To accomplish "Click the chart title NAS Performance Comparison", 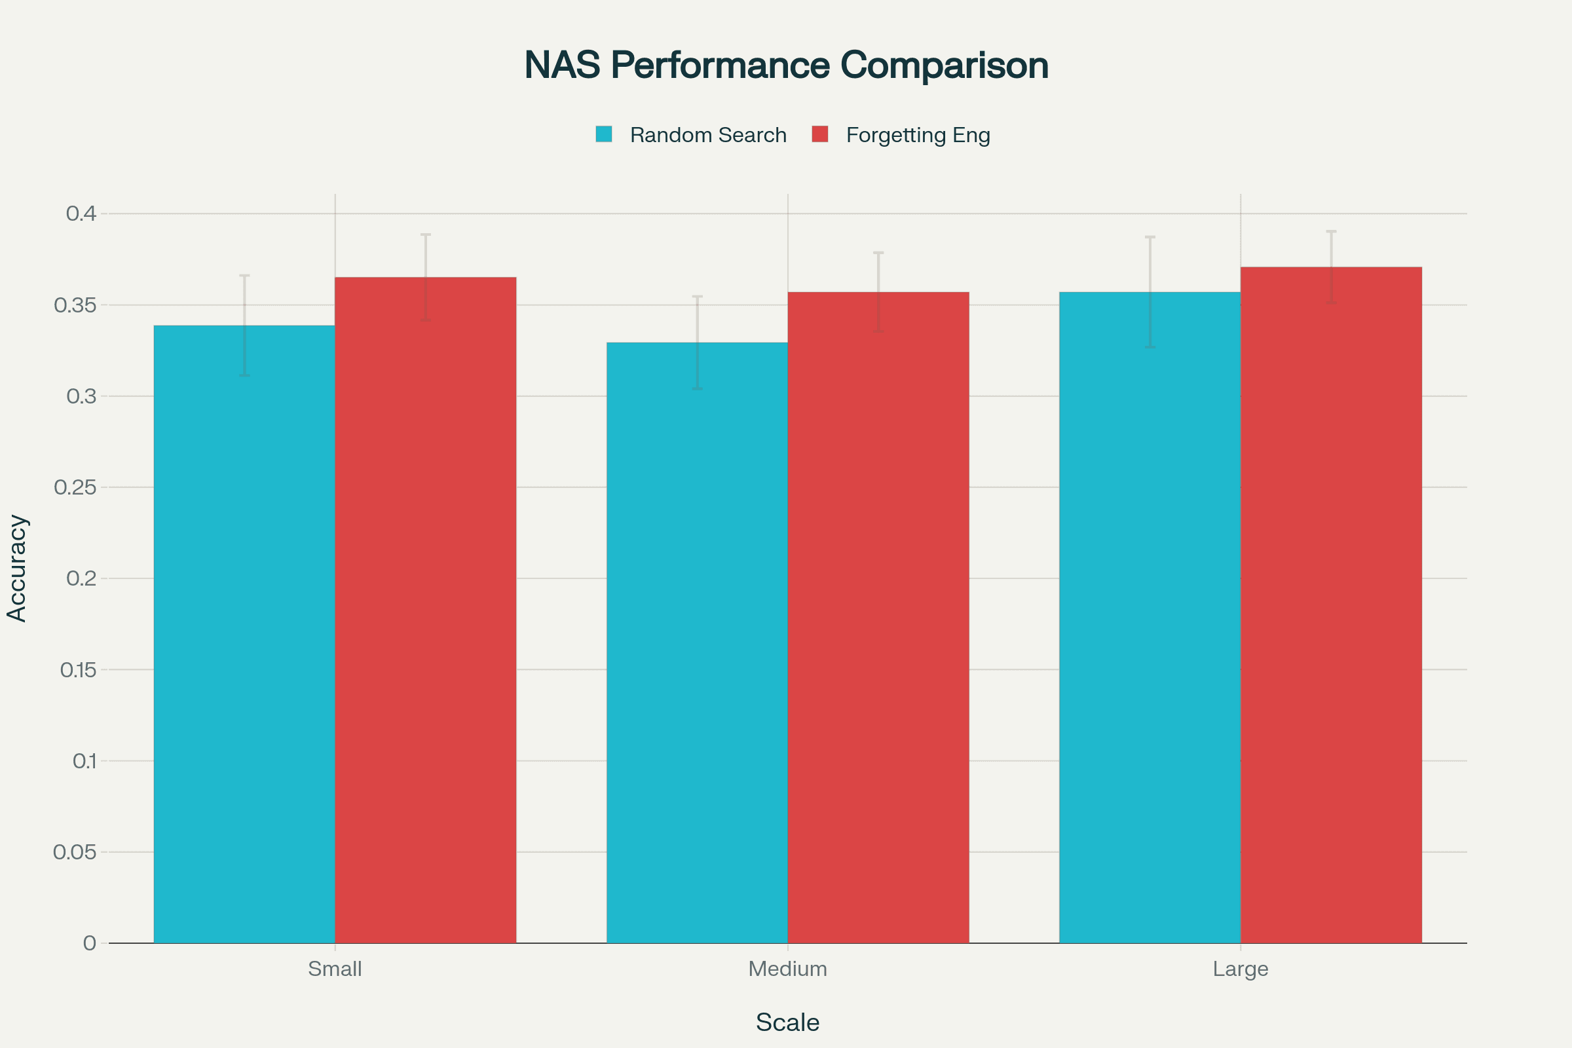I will (x=786, y=65).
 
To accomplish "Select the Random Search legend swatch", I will (x=603, y=134).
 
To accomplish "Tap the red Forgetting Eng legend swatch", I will (x=819, y=134).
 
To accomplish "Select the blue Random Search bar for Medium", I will (x=697, y=643).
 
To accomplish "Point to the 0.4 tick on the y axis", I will (x=81, y=214).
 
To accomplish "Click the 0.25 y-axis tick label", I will (x=75, y=487).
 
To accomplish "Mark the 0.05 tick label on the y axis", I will (x=75, y=852).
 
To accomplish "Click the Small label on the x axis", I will (x=335, y=969).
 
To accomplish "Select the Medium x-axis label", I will (x=787, y=969).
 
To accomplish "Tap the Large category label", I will (x=1241, y=969).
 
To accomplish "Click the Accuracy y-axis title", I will (x=17, y=568).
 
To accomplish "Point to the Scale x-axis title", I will (x=787, y=1022).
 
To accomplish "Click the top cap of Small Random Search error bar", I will (x=244, y=275).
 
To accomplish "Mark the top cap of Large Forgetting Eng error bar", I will (x=1332, y=231).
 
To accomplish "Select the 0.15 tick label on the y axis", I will (x=78, y=669).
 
